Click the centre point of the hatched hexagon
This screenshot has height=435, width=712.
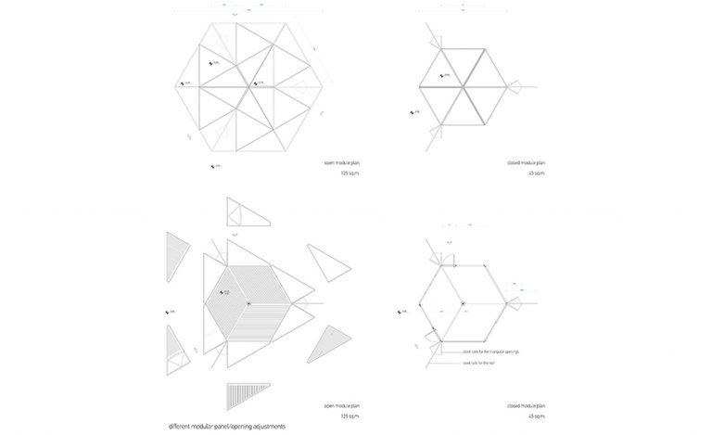pos(248,303)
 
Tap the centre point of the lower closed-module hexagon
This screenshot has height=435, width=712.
pos(463,303)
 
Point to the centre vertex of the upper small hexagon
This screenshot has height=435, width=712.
pos(463,85)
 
